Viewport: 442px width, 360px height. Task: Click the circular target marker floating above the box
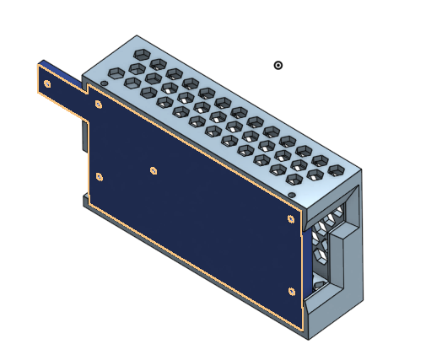point(278,65)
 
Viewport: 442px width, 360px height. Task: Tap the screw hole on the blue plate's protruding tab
point(47,83)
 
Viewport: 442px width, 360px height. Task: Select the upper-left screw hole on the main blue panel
point(100,105)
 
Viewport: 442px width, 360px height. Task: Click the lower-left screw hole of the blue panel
point(100,177)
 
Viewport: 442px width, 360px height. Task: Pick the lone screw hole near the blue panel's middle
point(154,170)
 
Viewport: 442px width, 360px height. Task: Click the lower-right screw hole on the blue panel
point(291,292)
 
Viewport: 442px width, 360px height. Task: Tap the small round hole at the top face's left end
point(104,82)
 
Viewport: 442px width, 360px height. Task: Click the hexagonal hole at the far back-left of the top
point(142,54)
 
